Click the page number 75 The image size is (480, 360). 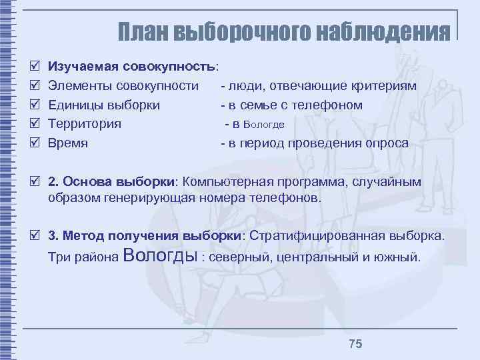point(355,343)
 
